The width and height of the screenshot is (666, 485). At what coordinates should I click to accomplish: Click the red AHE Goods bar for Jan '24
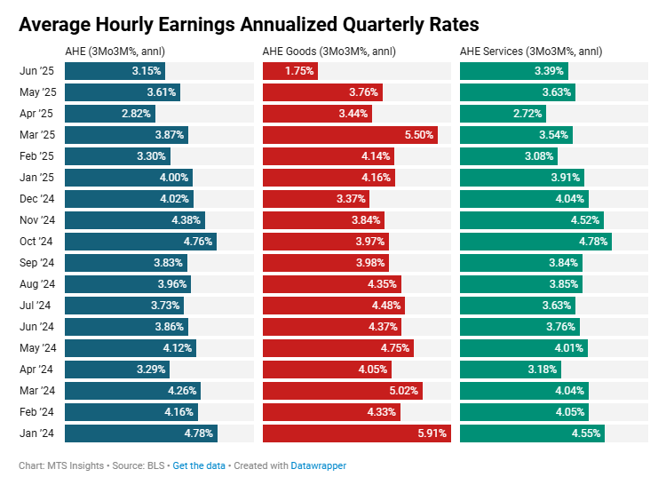pos(355,433)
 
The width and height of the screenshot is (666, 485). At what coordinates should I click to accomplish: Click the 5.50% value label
pos(418,135)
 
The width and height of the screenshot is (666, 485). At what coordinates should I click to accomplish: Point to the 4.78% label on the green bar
pos(592,242)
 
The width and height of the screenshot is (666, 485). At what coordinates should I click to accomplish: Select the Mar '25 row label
pos(37,135)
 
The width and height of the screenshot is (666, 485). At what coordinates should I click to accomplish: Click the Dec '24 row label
pos(37,199)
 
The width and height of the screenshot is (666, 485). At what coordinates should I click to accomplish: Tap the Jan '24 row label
pos(37,433)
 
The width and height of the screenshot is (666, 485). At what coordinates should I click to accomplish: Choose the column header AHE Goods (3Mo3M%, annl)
pos(329,51)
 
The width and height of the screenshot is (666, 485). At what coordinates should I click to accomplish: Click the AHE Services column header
pos(531,51)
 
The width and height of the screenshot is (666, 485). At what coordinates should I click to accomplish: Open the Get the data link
pos(199,465)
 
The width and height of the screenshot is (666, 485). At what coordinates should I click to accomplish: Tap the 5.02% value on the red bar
pos(403,391)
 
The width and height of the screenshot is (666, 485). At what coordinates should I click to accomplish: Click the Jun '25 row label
pos(37,71)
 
